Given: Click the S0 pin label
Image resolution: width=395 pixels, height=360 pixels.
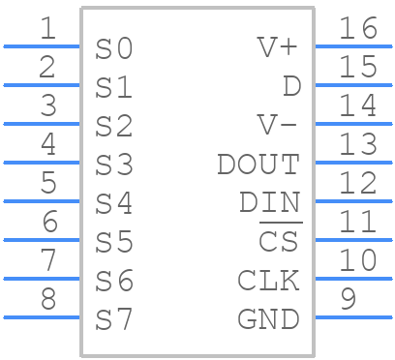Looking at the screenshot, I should (114, 48).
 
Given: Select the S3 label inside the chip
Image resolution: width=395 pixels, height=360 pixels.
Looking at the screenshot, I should (114, 165).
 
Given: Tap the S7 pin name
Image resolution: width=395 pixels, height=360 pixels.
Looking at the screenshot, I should (114, 319).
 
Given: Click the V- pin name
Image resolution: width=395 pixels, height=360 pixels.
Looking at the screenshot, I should (278, 126).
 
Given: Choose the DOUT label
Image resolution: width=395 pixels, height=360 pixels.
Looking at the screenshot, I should (258, 165).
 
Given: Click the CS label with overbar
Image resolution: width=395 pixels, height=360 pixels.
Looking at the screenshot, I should (279, 242).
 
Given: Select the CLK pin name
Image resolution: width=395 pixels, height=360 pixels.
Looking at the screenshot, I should (268, 281).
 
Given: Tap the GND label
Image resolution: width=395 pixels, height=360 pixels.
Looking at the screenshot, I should (268, 319).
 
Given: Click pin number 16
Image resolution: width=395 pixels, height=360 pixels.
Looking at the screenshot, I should (357, 29).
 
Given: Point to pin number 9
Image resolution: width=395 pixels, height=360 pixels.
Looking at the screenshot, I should (348, 299).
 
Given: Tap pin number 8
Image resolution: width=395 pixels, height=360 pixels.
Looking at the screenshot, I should (47, 299).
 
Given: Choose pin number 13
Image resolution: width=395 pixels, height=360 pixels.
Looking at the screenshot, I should (357, 145).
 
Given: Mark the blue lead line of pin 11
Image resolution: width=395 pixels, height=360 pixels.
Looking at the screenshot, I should (353, 239).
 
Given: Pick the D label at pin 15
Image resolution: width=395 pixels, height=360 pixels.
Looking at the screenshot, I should (290, 87).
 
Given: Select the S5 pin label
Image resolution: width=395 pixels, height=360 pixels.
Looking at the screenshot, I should (114, 242).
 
